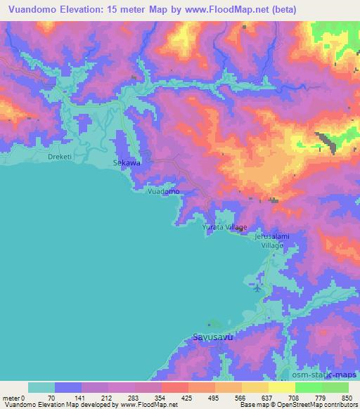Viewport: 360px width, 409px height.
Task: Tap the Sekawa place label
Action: point(127,162)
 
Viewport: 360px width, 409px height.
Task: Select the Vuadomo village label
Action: point(163,191)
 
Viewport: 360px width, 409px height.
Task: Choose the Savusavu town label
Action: point(212,337)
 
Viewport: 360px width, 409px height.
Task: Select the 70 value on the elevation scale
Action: point(50,397)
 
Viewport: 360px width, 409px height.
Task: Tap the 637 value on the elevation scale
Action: point(266,397)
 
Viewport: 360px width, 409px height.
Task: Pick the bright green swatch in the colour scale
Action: point(308,387)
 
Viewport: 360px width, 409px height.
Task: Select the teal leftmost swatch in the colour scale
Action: point(41,387)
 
